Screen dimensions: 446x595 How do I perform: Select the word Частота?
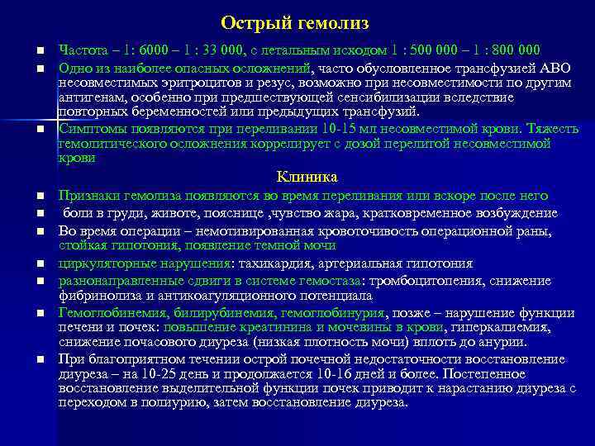point(81,49)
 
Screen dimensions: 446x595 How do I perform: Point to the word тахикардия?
point(277,263)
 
